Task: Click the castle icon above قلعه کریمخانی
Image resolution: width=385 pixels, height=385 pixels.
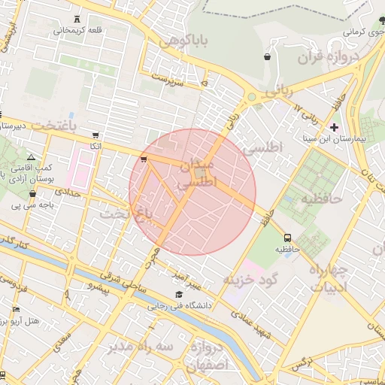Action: coord(80,18)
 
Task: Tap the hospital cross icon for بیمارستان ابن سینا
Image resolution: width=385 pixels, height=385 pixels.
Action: coord(335,127)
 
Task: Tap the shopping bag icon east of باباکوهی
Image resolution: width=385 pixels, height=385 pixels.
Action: coord(268,57)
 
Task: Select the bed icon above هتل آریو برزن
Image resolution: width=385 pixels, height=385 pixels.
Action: coord(17,309)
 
